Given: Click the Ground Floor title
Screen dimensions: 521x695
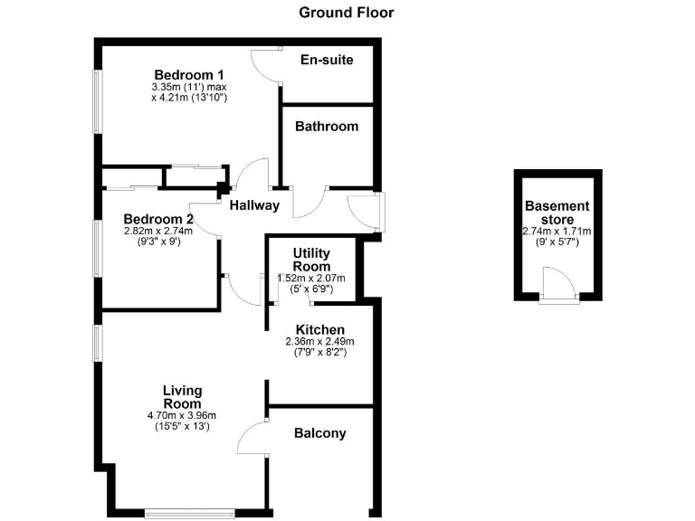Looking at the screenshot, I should click(x=347, y=13).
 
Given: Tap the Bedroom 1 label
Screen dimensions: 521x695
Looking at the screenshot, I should click(x=189, y=74).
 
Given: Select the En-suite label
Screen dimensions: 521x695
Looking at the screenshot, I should click(x=326, y=60).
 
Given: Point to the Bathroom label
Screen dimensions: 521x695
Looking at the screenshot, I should click(x=327, y=127).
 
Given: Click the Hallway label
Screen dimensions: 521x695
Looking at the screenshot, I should click(x=254, y=205).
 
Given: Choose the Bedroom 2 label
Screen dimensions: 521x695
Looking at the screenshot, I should click(x=158, y=219).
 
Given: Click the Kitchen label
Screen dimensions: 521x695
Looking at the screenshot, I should click(x=319, y=328).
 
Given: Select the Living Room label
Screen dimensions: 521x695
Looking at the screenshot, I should click(x=182, y=397).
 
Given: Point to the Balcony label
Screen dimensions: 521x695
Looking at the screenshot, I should click(x=320, y=433).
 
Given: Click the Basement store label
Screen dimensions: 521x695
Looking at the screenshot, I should click(x=557, y=213).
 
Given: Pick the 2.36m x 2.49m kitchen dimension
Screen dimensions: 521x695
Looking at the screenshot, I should click(x=319, y=342).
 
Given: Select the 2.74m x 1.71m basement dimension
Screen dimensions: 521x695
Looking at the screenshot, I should click(x=557, y=232).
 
